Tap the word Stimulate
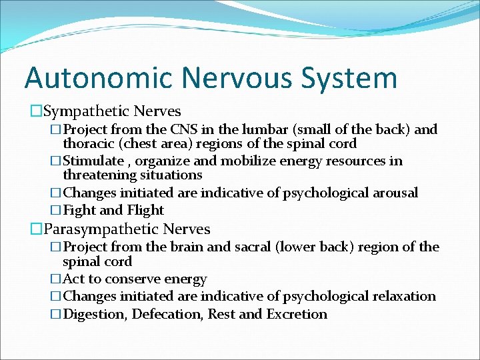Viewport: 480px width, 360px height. (93, 161)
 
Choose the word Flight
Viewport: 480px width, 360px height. (145, 210)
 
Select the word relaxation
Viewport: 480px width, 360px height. (402, 296)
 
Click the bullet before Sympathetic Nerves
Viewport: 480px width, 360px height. (36, 111)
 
